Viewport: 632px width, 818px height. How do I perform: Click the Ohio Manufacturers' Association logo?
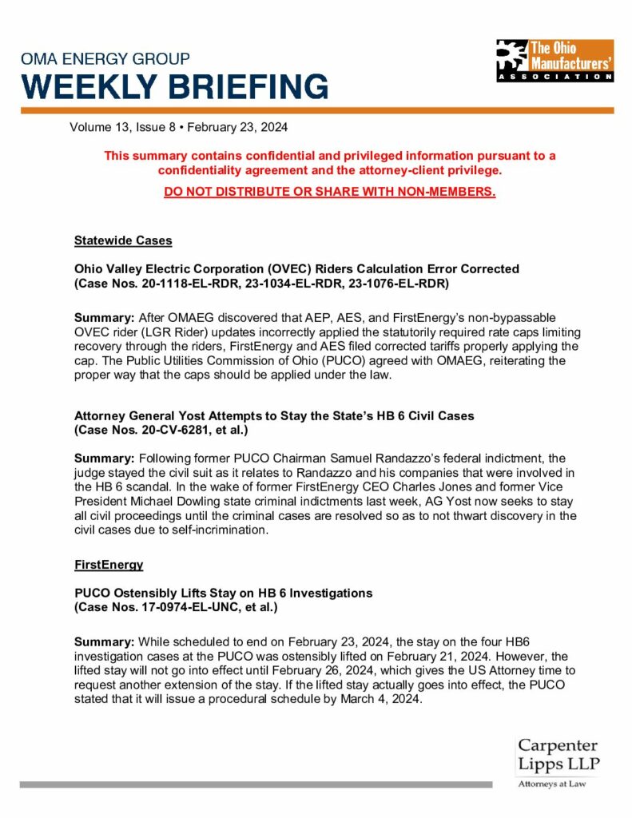pos(554,61)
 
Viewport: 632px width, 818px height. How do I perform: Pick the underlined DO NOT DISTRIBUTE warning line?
pos(329,193)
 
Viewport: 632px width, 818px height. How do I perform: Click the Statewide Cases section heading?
pos(123,240)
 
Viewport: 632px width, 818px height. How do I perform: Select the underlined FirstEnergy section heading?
pos(109,565)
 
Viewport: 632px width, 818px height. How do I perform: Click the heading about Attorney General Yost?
pos(274,415)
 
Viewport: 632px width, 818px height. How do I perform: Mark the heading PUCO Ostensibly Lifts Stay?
pos(223,593)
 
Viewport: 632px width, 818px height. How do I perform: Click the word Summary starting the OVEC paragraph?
pos(104,318)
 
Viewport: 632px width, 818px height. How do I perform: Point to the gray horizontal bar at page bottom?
pos(256,785)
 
